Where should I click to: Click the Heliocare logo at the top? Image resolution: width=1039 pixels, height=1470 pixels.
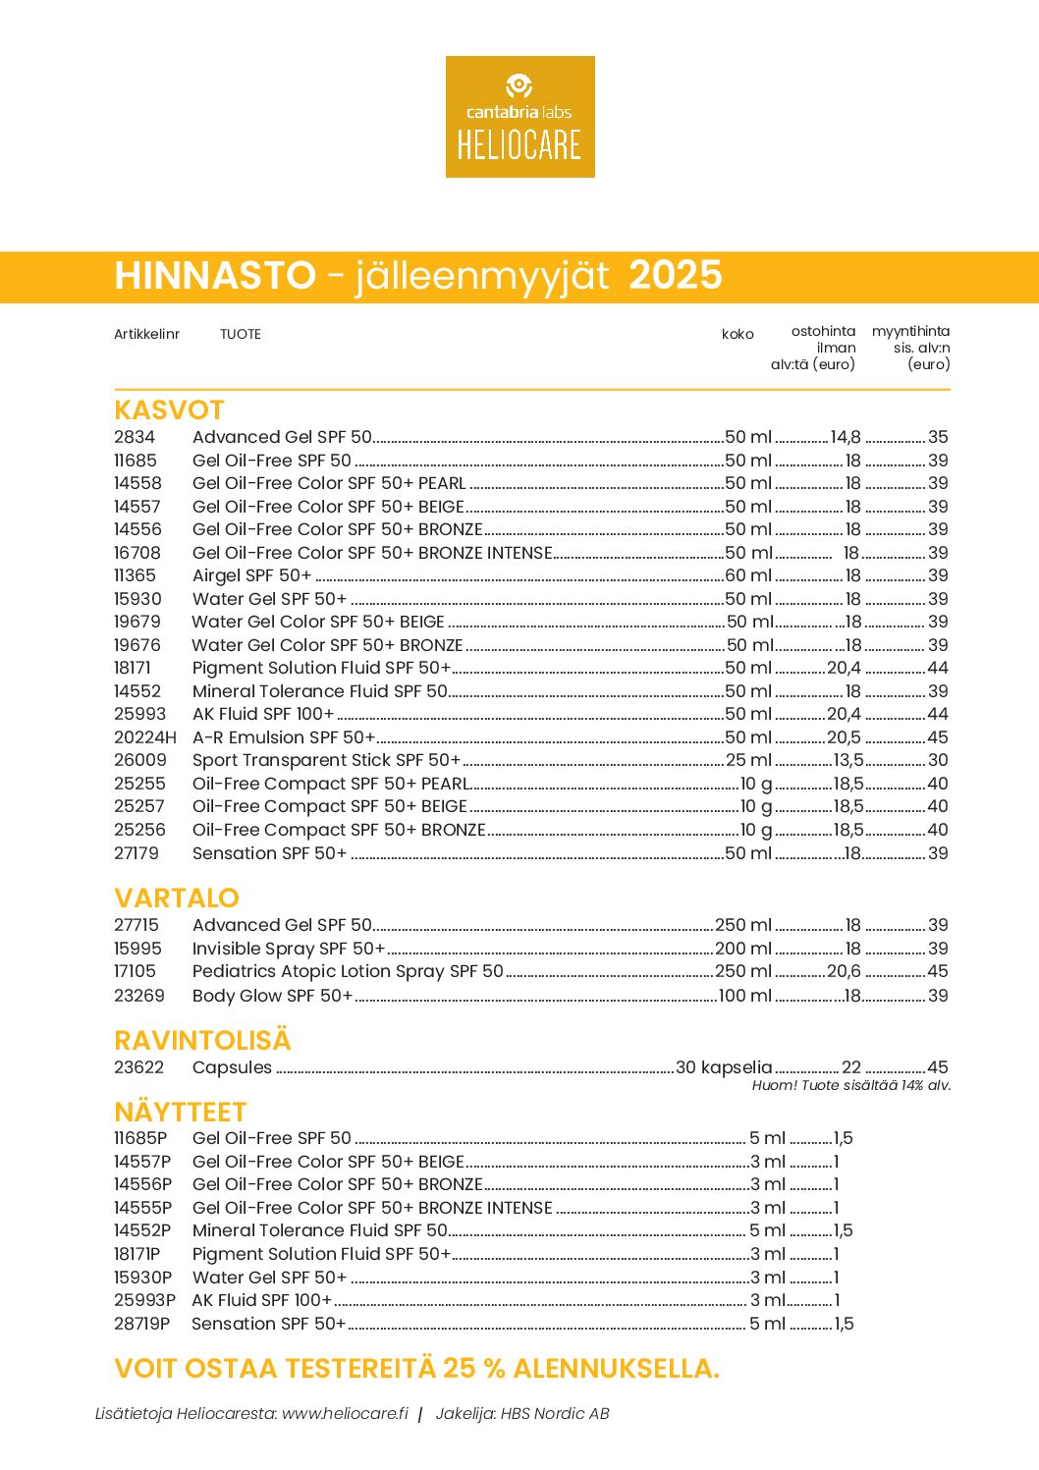point(519,117)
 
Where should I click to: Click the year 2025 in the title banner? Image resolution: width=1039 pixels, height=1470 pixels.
point(675,276)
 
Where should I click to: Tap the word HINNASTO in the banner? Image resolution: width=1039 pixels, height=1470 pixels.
point(215,276)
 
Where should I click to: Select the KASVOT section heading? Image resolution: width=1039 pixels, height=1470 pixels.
point(169,410)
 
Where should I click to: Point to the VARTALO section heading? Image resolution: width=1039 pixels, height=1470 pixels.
point(177,898)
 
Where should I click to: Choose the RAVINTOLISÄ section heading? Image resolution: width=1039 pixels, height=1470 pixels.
point(202,1041)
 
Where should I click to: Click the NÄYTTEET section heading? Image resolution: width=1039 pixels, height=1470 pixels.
point(180,1113)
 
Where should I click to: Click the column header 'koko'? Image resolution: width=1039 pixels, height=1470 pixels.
point(738,335)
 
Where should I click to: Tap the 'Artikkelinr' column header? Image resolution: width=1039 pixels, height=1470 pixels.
point(146,335)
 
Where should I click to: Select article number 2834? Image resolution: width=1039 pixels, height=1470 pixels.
point(135,438)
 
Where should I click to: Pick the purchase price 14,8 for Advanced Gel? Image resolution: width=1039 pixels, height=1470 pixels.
point(846,438)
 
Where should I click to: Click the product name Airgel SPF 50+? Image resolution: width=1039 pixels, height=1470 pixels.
point(252,576)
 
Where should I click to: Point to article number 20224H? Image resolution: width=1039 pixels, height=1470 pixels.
point(145,737)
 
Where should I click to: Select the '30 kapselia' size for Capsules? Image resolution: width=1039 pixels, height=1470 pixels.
point(724,1068)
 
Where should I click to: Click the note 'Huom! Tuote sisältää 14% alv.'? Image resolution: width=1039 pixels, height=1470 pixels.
point(851,1086)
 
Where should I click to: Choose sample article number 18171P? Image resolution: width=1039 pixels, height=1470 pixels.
point(137,1255)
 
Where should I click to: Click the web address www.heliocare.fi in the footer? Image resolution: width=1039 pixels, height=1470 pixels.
point(345,1415)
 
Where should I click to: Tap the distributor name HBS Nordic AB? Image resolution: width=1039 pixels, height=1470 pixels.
point(555,1415)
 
